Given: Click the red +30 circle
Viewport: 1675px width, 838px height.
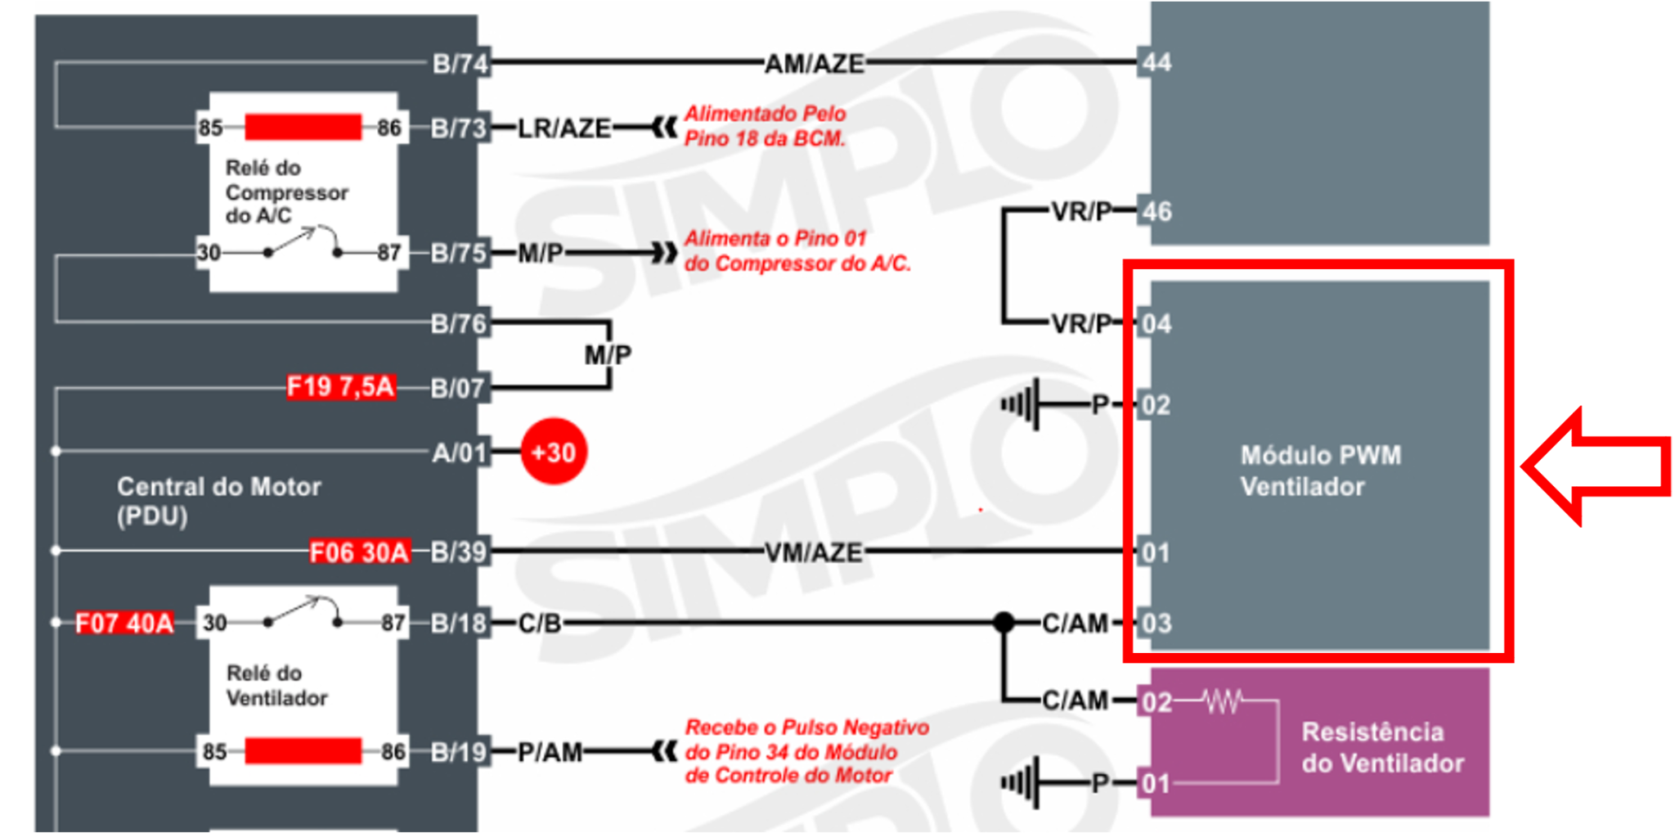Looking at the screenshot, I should (554, 452).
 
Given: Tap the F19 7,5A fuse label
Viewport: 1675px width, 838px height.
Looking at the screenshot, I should (340, 386).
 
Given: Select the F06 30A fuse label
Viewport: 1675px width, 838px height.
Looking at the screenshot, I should (358, 552).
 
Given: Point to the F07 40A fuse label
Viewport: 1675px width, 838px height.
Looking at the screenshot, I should (124, 623).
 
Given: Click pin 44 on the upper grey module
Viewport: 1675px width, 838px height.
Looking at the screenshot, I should (1156, 62).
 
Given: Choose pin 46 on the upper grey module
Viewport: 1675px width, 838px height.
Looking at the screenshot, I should (1156, 212).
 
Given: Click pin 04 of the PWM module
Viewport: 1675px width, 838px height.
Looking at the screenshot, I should (1156, 324).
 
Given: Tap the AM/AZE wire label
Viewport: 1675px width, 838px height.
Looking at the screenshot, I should (814, 64).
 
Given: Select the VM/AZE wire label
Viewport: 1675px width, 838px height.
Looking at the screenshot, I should (814, 553).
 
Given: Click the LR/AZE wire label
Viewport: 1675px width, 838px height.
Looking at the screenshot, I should (564, 128).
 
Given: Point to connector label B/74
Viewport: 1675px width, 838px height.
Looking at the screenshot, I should (460, 63).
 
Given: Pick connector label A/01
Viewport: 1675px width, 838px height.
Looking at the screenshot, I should (460, 452).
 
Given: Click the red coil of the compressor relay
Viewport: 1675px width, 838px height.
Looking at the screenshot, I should (303, 127).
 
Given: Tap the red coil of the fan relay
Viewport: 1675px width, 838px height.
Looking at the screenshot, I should (303, 750).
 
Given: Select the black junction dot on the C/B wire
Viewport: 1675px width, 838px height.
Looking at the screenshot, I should (1004, 623).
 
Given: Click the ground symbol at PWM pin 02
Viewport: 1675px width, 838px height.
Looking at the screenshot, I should (1022, 404).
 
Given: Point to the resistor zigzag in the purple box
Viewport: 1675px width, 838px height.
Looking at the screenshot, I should (1222, 701).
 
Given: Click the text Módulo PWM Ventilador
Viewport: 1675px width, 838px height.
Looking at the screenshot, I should (1319, 471).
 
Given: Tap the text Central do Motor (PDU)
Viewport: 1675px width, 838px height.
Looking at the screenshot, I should (218, 501).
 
